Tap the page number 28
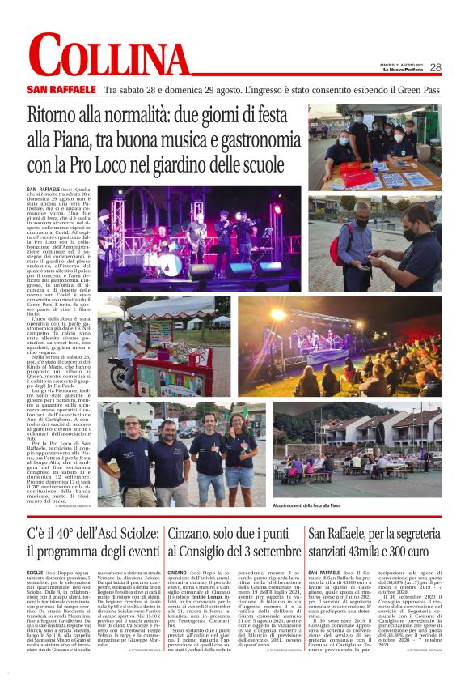(x=435, y=68)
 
